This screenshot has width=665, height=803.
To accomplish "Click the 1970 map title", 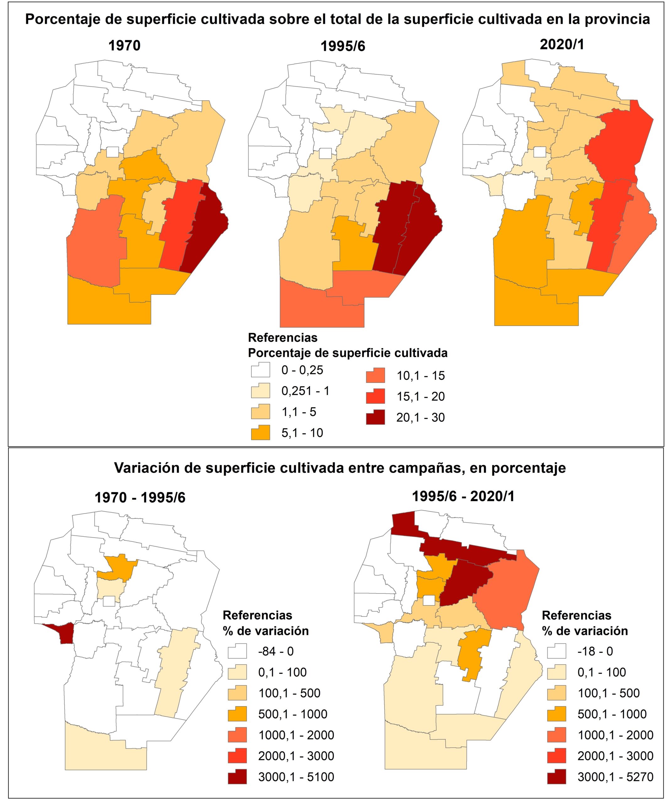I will click(x=124, y=45).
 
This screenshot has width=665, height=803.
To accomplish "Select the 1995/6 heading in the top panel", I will click(x=342, y=46).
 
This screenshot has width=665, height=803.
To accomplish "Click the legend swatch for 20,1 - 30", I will click(x=375, y=417).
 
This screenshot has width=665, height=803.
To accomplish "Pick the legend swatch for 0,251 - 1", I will click(x=260, y=391).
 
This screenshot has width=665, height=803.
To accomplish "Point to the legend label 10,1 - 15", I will click(x=421, y=375).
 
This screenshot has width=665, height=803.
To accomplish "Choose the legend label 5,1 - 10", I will click(x=302, y=433).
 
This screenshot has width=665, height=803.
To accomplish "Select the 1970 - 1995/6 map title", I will click(x=140, y=497).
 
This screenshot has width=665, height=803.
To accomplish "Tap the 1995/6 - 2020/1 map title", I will click(x=463, y=496).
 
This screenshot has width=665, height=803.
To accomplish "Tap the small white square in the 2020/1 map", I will click(x=539, y=152).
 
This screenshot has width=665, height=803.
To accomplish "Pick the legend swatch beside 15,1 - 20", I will click(x=375, y=396).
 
